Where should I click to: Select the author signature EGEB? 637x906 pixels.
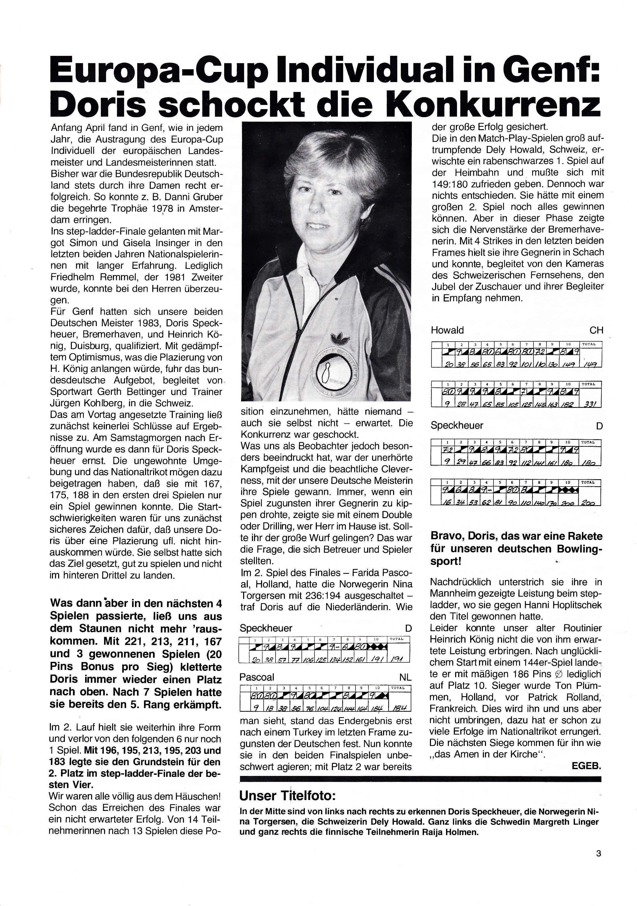tap(586, 766)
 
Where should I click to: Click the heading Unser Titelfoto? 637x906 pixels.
tap(287, 796)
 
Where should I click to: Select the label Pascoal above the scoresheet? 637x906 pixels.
tap(257, 677)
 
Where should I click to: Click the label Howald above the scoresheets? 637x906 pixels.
tap(447, 330)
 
